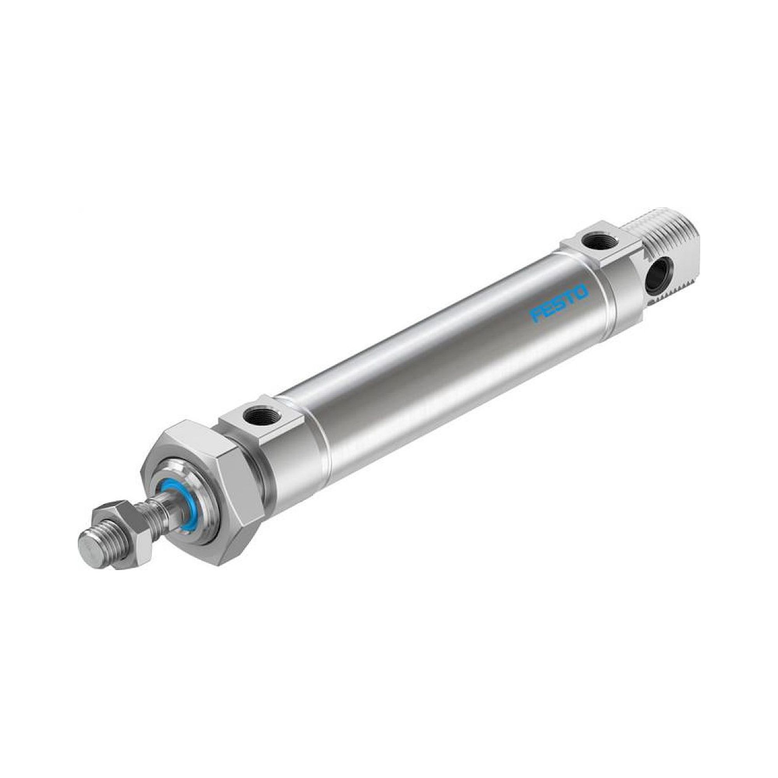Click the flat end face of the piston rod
pyautogui.click(x=89, y=553)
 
